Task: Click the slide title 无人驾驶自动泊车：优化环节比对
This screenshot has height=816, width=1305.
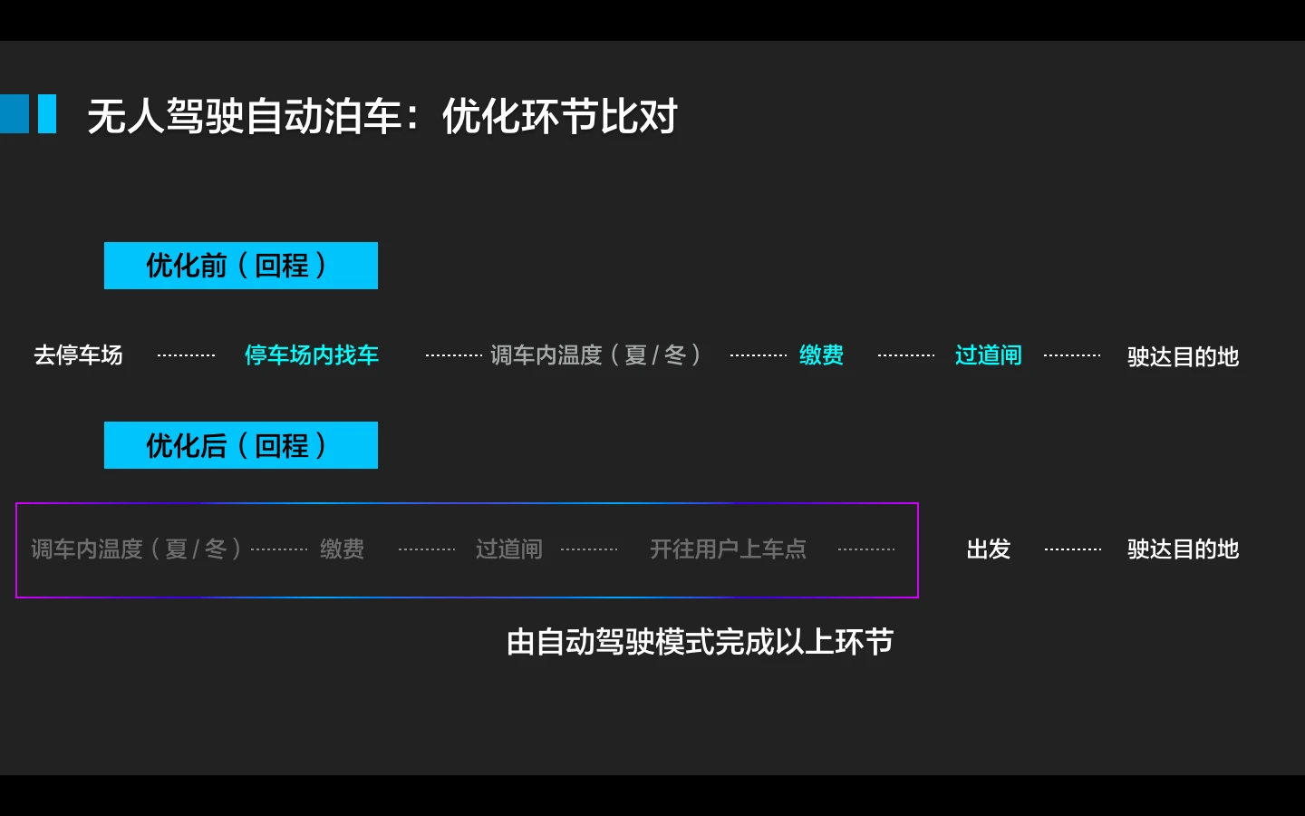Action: [382, 116]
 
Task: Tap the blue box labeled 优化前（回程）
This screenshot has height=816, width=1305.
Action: [241, 265]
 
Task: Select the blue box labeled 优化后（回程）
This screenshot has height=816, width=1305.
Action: [241, 444]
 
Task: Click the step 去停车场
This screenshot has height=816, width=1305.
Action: [78, 355]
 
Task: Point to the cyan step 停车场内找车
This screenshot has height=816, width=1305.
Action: [312, 355]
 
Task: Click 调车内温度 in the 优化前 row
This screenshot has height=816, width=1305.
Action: [546, 355]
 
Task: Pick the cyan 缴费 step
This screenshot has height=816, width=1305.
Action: [821, 355]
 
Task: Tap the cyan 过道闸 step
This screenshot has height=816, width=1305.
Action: [988, 355]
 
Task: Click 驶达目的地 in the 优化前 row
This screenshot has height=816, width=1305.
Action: [1183, 356]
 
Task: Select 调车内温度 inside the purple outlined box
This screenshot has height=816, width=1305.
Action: [87, 549]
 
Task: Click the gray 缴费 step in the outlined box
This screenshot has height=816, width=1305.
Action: [342, 549]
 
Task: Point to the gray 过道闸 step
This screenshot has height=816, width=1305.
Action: [508, 549]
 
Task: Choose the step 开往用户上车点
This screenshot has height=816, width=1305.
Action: [729, 549]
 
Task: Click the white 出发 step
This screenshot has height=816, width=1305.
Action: [988, 549]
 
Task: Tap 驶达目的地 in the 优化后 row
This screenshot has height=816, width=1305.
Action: [1183, 549]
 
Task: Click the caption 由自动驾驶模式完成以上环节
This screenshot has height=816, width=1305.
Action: [700, 642]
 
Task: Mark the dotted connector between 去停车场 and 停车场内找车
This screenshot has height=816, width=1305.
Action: [186, 355]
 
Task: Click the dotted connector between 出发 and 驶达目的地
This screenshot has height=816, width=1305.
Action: [1073, 549]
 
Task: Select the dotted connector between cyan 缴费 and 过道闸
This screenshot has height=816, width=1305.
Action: [906, 355]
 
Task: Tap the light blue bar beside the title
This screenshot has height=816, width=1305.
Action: [47, 113]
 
